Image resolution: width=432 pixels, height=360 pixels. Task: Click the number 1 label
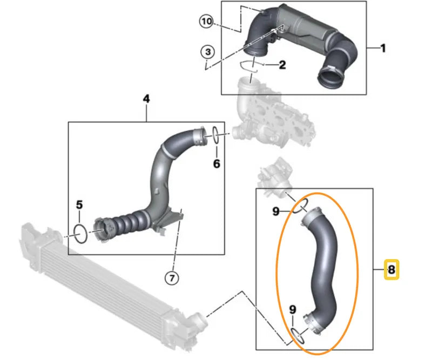(x=383, y=49)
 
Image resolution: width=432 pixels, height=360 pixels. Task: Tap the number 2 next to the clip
(x=282, y=66)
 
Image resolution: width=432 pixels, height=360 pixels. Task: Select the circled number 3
(x=207, y=52)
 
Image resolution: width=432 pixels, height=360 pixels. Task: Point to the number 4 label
(x=146, y=99)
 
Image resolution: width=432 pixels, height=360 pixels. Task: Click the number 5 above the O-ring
(x=79, y=205)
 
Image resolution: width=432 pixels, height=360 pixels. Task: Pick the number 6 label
(x=216, y=163)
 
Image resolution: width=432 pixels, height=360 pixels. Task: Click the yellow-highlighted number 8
(x=391, y=269)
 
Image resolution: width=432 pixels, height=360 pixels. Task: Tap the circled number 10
(x=206, y=22)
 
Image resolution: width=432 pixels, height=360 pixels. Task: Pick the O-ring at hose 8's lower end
(x=297, y=335)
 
